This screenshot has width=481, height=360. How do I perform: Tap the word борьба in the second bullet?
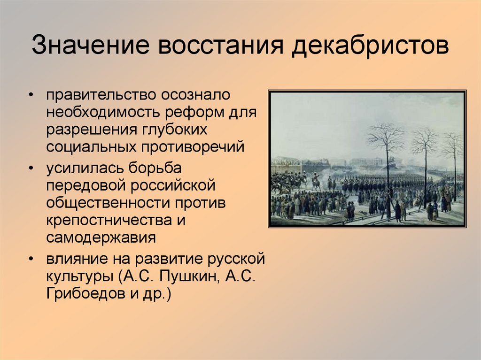pos(152,168)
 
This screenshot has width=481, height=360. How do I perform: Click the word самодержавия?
pos(101,237)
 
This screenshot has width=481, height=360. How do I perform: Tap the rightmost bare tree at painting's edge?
pos(454,150)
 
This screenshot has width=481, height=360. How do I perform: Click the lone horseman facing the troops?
pos(316,181)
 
